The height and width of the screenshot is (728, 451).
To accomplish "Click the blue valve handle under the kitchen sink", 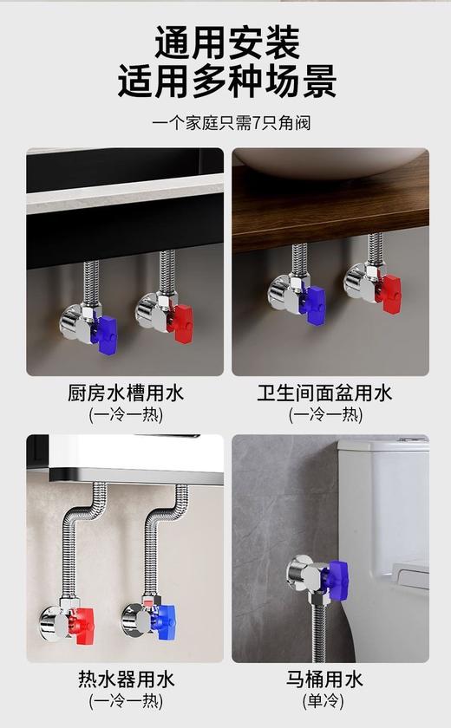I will coord(106,329).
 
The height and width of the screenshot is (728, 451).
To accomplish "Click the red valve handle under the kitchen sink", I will coord(182,322).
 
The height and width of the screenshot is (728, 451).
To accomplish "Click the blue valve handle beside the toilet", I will coord(336,575).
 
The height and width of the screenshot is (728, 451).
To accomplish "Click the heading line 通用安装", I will coord(226,42).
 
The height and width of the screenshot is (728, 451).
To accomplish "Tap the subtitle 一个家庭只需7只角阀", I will coord(225,122).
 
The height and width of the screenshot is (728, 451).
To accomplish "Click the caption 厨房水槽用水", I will coord(126,393).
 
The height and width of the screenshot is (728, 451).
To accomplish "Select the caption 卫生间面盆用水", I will coord(324,393).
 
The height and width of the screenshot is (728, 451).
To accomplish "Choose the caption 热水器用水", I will coord(126,679).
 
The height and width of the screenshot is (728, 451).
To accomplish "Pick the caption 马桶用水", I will coord(324,679).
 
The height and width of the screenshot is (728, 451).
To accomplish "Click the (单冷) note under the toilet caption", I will coord(324,700).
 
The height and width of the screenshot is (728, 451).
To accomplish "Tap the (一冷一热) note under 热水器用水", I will coord(126,700).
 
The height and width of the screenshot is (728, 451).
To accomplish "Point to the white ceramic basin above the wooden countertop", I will coord(330,161).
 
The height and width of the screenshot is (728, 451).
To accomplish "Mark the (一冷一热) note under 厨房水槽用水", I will coord(126,414).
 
